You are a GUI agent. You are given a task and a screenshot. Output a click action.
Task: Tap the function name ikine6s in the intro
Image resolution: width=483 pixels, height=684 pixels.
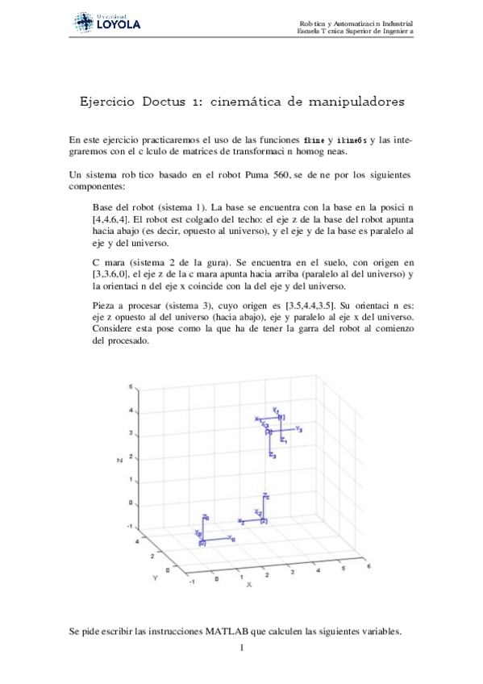pos(352,140)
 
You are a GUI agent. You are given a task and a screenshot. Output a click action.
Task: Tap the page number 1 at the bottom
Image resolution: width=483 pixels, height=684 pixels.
pos(241,649)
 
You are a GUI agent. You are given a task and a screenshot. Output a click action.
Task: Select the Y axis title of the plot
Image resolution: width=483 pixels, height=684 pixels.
pos(157,578)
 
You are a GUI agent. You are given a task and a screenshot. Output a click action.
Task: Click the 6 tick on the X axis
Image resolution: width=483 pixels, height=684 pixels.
pos(368,567)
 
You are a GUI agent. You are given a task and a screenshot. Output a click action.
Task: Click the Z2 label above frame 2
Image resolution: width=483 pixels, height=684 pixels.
pos(266,495)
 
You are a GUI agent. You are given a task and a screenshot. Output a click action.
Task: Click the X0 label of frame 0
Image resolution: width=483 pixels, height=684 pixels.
pos(231,537)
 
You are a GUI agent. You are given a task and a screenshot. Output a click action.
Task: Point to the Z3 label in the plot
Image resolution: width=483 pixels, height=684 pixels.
pos(273,457)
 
